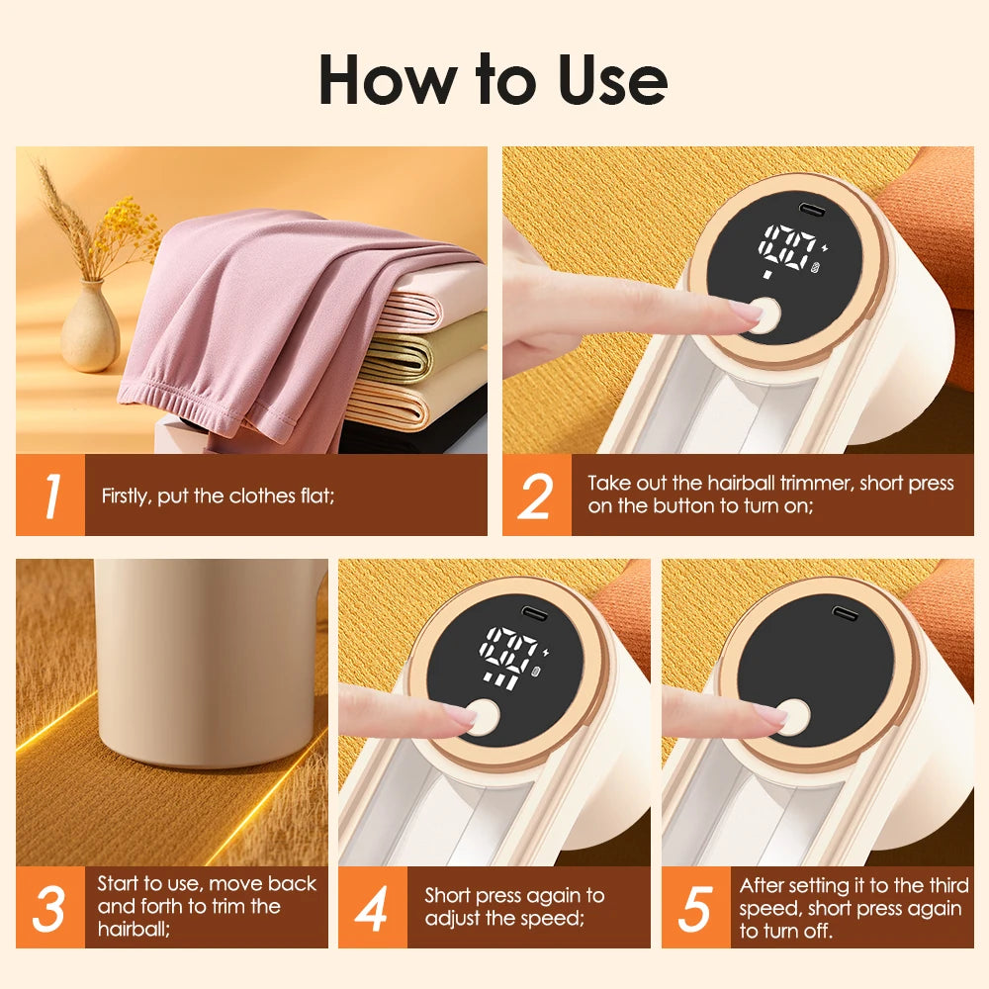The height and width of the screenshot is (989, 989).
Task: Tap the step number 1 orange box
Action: tap(50, 495)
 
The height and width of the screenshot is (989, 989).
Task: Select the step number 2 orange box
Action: tap(536, 495)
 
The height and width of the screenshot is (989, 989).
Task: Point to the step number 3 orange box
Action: tap(50, 908)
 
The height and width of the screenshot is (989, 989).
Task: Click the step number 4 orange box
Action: tap(373, 908)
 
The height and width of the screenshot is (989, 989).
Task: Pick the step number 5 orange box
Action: tap(696, 908)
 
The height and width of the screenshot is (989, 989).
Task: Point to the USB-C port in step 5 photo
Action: tap(843, 613)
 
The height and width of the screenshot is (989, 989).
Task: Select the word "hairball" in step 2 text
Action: tap(741, 484)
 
